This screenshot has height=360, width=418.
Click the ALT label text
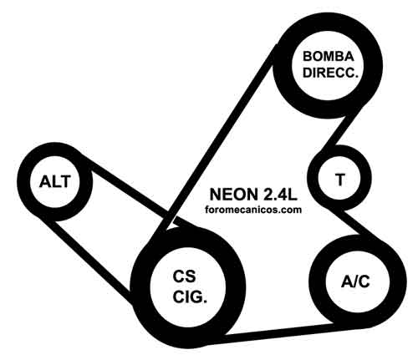tap(54, 181)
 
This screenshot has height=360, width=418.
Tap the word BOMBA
tap(329, 57)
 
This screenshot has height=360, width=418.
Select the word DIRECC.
tap(330, 73)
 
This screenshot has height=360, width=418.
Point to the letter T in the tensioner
tap(340, 180)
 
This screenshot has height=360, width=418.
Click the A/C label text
tap(355, 281)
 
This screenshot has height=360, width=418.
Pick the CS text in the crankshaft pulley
tap(184, 276)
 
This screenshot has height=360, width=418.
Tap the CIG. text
tap(190, 297)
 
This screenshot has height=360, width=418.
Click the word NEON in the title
tap(233, 194)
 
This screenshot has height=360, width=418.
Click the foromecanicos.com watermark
tap(253, 210)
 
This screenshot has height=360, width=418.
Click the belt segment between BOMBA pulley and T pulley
tap(340, 132)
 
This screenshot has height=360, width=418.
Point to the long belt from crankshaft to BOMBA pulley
tap(216, 139)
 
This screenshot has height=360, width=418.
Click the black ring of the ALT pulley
tap(23, 182)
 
